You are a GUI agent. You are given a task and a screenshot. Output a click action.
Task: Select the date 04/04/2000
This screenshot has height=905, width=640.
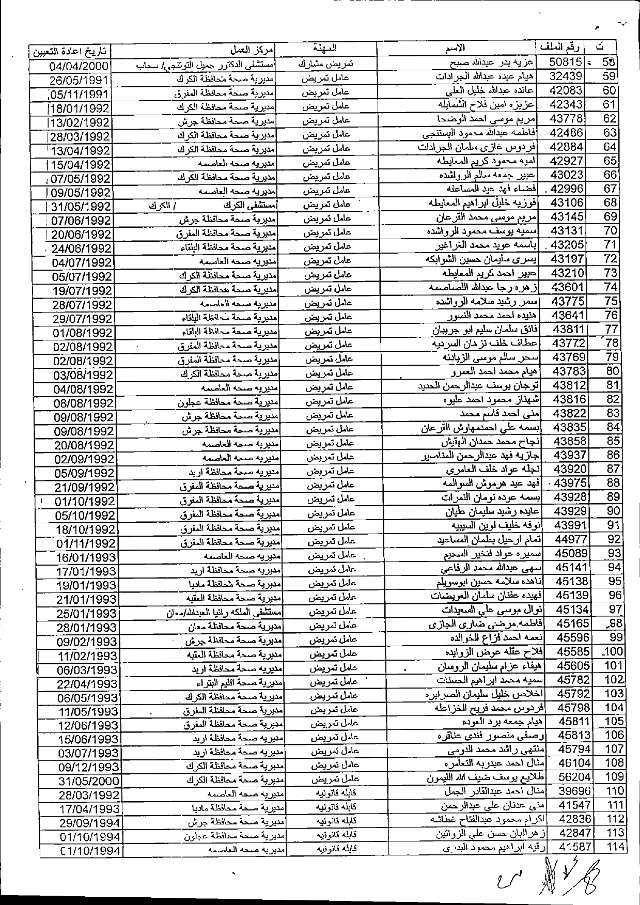coord(80,66)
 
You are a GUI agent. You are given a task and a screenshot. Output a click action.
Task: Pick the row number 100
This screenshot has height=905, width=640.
coord(614,651)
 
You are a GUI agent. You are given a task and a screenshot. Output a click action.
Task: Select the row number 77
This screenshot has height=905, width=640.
coord(612,330)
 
